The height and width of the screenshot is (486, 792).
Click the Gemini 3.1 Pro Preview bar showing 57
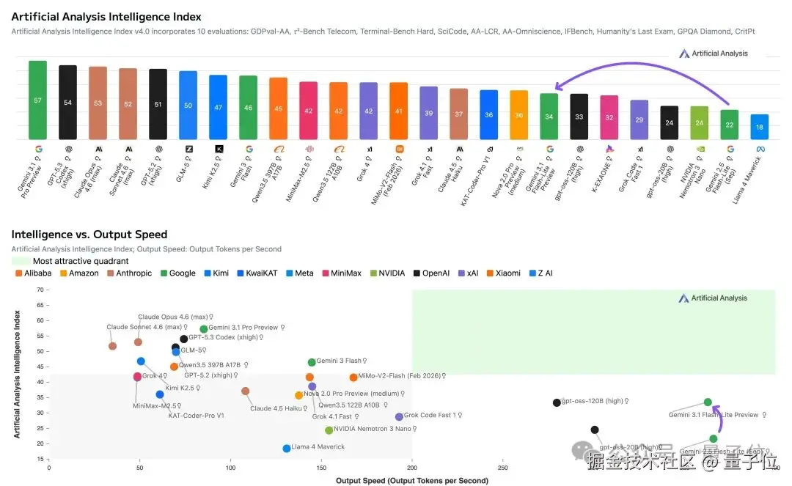pos(37,100)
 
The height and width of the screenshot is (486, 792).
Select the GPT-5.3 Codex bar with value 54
pos(67,103)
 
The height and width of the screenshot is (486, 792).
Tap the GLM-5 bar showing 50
pos(188,106)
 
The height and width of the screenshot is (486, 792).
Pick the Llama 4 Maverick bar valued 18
pos(760,127)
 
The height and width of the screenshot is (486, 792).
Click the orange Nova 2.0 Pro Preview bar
pos(519,115)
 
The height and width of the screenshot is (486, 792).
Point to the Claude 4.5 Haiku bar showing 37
pos(459,114)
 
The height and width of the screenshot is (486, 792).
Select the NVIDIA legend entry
pos(388,273)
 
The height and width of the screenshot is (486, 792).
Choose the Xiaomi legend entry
pos(502,273)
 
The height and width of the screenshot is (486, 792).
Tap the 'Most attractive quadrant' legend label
pos(80,261)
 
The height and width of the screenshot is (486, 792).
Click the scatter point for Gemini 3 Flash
pos(312,362)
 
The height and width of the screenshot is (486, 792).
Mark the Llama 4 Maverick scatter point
pos(287,449)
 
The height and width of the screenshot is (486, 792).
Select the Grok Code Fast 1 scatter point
pos(399,417)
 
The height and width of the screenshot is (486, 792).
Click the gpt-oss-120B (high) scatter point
pos(557,402)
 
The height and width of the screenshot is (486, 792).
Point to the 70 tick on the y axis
pos(40,290)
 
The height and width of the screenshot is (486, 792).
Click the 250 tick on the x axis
pos(502,468)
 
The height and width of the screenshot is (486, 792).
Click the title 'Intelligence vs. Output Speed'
pos(89,235)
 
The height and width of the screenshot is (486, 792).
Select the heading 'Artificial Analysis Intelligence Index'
pos(106,17)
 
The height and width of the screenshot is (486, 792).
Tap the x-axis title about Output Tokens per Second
pos(411,481)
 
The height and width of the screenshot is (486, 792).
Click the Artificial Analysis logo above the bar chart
pos(714,54)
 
